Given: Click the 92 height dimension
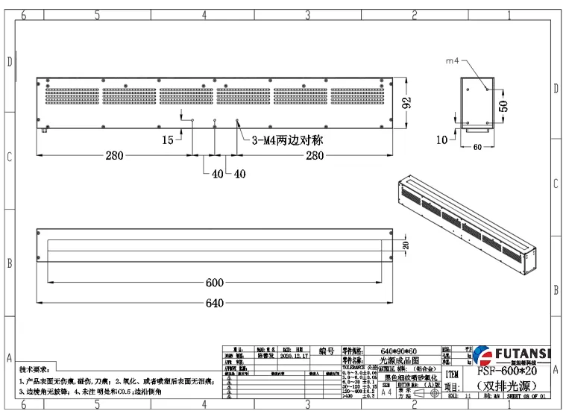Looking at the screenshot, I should coord(407,103).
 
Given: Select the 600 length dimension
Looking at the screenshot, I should coord(214,283).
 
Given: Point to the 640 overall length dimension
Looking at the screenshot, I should coord(214,303).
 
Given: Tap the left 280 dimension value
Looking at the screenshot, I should coord(114,155).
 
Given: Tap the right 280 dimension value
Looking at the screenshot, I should coord(315,155).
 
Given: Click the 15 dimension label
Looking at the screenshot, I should coord(168,139).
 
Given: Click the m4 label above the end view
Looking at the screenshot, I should coord(453,60).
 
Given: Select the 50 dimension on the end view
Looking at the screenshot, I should coord(503,105).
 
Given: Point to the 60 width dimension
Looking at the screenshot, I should coord(478,147).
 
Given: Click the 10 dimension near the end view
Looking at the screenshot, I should coord(442,139).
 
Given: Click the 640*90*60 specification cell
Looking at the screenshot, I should coord(402,351).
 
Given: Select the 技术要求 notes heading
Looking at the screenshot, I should coord(34,369).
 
